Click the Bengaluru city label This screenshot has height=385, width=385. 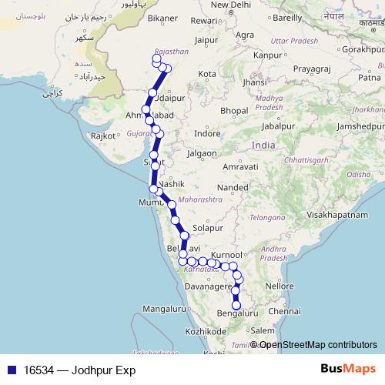tap(238, 313)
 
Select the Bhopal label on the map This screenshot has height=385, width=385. tap(233, 111)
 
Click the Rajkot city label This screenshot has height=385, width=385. tap(102, 136)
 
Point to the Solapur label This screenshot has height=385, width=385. tap(208, 229)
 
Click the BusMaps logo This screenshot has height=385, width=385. tap(347, 369)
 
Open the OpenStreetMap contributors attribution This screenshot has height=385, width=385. tap(317, 345)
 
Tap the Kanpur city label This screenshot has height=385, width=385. tap(268, 55)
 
